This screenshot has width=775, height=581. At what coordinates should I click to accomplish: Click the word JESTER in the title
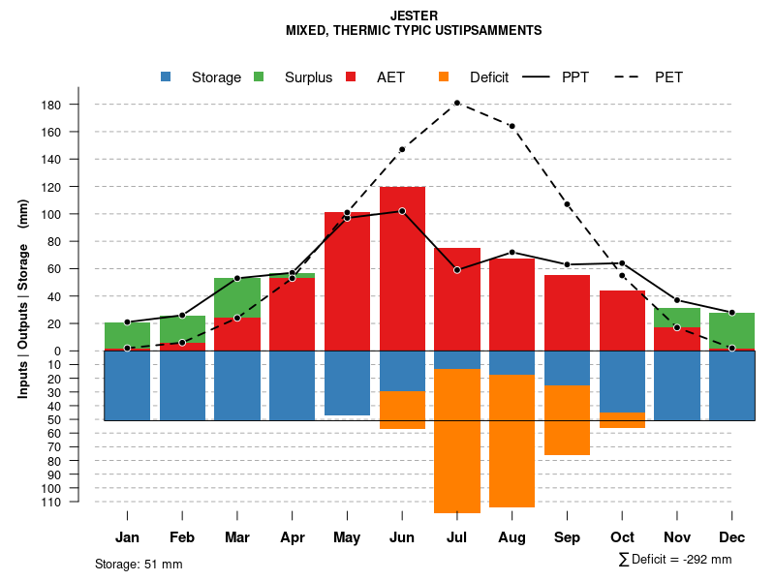click(x=414, y=15)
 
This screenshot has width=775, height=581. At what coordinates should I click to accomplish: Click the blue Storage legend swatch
click(x=166, y=76)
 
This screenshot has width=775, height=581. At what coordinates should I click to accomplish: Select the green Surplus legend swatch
click(x=259, y=76)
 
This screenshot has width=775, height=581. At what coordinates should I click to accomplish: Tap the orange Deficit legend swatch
click(x=444, y=76)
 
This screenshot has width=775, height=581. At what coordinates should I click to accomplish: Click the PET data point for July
click(x=457, y=103)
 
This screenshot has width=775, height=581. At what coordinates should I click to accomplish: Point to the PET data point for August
click(x=511, y=126)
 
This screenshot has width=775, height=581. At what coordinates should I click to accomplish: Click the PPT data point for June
click(x=402, y=211)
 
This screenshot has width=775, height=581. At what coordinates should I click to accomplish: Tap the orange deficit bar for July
click(x=457, y=441)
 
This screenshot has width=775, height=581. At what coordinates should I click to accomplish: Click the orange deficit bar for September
click(x=567, y=420)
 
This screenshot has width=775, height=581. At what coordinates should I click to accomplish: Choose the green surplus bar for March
click(x=237, y=297)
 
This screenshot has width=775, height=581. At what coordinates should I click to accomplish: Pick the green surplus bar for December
click(x=731, y=330)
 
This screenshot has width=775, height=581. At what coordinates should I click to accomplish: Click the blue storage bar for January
click(x=127, y=385)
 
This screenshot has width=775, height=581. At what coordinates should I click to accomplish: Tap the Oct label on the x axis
click(x=622, y=537)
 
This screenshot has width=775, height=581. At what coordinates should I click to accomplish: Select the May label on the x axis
click(x=347, y=537)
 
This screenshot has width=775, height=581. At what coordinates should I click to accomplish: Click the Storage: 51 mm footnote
click(x=139, y=564)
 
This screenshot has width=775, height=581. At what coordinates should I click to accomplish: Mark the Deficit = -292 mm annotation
click(x=675, y=560)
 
